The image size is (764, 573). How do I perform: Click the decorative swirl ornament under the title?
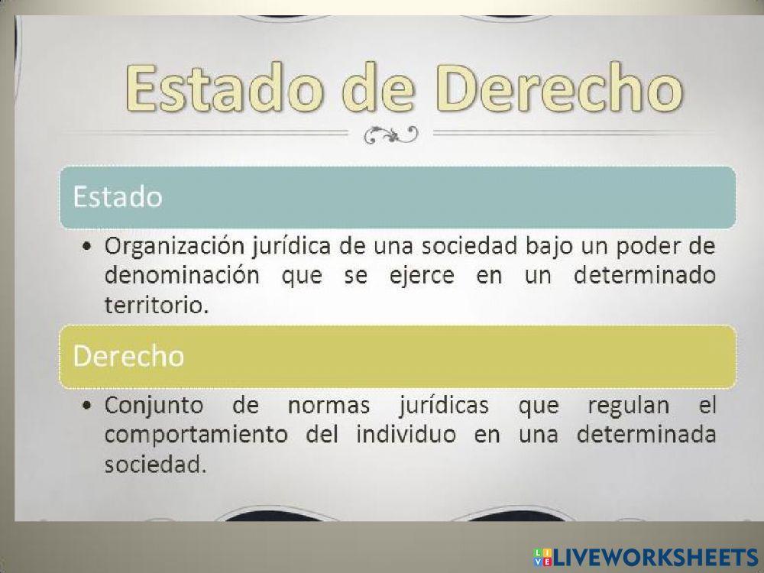[390, 135]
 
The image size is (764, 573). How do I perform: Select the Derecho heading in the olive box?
[128, 355]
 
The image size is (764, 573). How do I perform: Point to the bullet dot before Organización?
[90, 248]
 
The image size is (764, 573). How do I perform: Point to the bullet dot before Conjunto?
[90, 406]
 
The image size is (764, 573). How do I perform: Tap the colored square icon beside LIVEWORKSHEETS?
[544, 556]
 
